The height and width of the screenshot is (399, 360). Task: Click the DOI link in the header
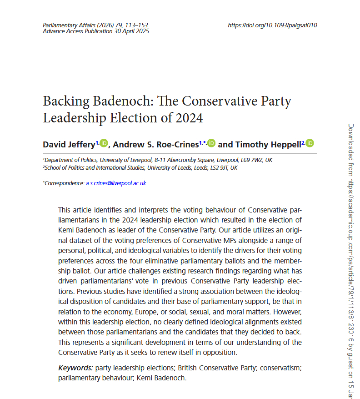click(272, 25)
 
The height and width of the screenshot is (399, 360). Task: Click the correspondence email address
click(115, 183)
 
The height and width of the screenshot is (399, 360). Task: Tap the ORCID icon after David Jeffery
click(104, 144)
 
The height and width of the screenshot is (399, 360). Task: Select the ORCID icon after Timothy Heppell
click(310, 144)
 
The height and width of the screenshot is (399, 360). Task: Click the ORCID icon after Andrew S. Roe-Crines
click(211, 144)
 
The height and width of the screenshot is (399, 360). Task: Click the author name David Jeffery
click(69, 145)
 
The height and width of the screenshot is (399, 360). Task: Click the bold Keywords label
click(75, 367)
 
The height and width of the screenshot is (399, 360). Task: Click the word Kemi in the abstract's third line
click(67, 229)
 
